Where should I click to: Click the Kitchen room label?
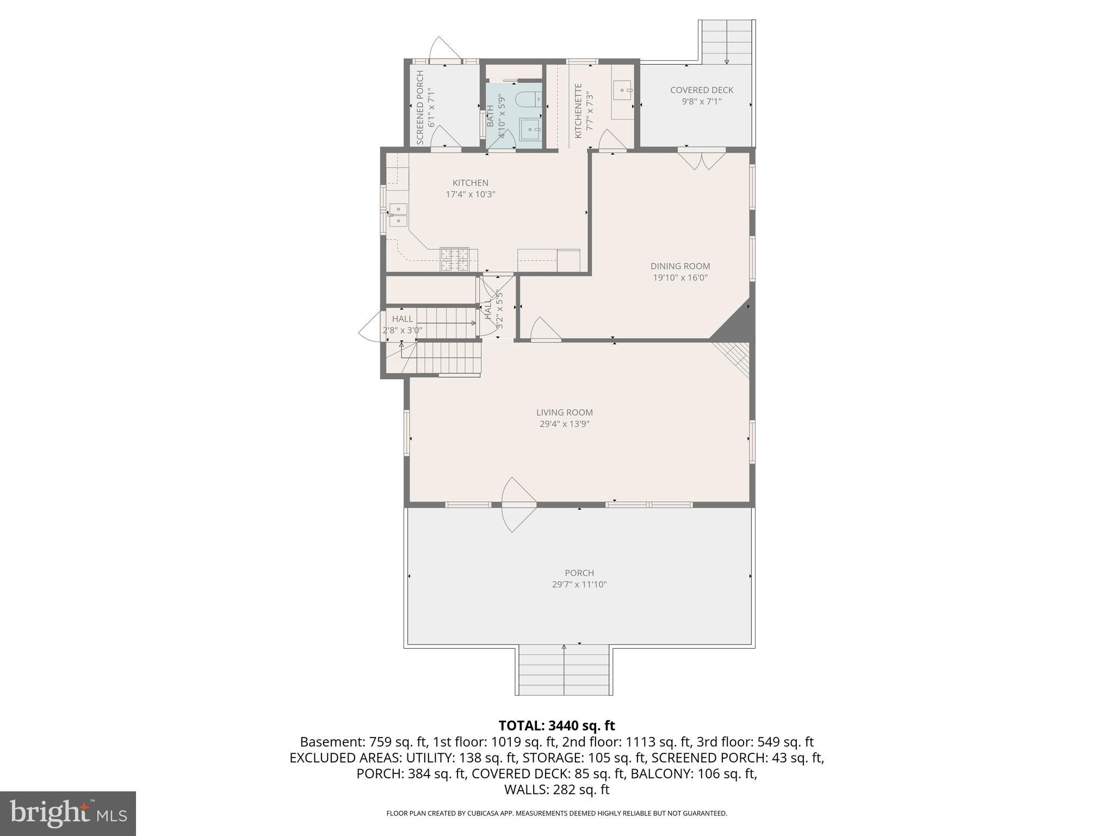(471, 183)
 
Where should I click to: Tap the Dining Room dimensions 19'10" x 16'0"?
(680, 278)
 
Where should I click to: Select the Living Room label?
(564, 413)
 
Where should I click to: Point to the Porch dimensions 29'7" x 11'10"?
(579, 585)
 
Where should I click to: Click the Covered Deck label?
(701, 90)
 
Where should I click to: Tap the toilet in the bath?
(528, 99)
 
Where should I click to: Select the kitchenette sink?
(623, 90)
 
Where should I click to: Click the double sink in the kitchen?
(398, 214)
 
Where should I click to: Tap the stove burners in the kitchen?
(454, 259)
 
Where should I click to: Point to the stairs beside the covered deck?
(727, 40)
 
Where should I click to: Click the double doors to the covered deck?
(702, 159)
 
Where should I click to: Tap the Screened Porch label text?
(420, 107)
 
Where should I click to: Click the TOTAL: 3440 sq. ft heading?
(556, 726)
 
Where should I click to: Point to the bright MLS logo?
(67, 813)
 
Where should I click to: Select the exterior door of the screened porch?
(444, 50)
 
